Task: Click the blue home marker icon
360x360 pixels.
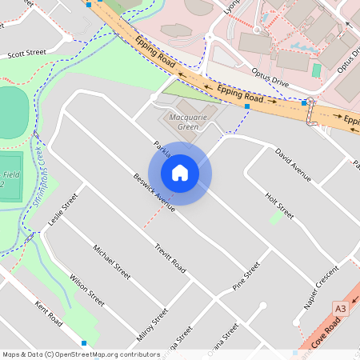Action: click(180, 172)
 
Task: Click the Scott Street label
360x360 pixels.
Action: click(27, 54)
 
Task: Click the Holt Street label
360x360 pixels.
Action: click(280, 205)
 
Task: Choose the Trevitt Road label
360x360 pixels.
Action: click(170, 258)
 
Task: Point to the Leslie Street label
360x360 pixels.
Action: click(63, 209)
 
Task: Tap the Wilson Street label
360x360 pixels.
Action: click(86, 291)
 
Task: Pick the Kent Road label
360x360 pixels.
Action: click(49, 314)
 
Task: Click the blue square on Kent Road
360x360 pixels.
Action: click(84, 342)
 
